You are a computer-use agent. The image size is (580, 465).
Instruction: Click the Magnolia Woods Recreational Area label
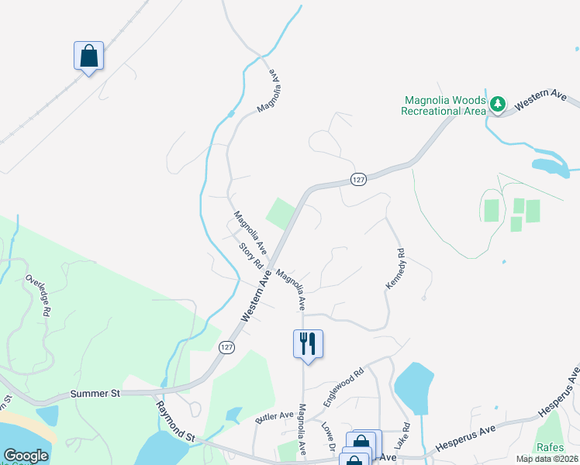[x=443, y=105]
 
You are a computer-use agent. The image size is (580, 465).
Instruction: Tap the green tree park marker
[x=497, y=103]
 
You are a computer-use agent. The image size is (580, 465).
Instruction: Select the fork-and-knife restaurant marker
[x=308, y=343]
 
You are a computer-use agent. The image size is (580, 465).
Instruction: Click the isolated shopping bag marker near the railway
[x=88, y=56]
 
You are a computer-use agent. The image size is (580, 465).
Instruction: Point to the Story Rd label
[x=251, y=257]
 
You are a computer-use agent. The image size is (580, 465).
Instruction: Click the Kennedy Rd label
[x=395, y=269]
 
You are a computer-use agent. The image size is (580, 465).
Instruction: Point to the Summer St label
[x=95, y=394]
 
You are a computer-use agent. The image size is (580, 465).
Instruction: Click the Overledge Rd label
[x=38, y=294]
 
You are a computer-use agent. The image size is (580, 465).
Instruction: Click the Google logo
[x=26, y=456]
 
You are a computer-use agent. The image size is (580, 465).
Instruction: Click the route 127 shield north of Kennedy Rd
[x=357, y=179]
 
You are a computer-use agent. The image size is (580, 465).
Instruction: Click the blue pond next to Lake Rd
[x=413, y=387]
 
